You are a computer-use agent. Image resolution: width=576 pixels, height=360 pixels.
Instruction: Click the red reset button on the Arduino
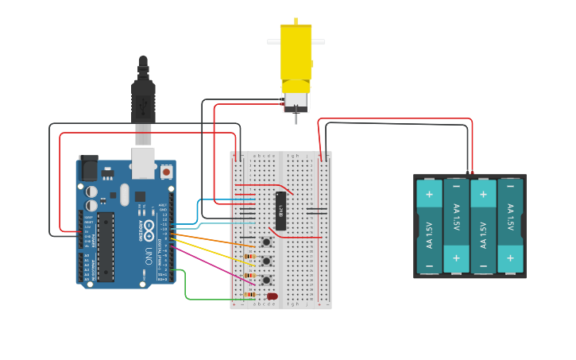point(166,171)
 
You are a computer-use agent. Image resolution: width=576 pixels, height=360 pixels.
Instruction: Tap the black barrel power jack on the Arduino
point(88,168)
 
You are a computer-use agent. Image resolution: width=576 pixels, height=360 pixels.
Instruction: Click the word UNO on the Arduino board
point(149,256)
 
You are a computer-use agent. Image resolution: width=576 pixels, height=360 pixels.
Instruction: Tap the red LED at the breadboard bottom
point(273,296)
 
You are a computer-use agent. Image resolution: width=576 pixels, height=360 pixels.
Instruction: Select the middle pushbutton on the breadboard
point(267,261)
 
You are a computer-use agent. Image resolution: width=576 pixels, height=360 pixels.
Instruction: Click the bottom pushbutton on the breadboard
point(267,281)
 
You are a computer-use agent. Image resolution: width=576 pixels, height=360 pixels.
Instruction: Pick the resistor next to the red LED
point(250,295)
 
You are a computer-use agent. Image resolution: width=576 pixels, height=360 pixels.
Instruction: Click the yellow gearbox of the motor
point(296,56)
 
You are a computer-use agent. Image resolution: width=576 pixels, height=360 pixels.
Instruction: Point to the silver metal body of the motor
point(296,101)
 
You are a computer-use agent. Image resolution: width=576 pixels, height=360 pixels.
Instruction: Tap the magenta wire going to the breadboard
point(211,265)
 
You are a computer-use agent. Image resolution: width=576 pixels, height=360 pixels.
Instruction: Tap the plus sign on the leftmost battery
point(429,193)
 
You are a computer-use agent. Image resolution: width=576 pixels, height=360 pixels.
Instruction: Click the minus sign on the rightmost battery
point(510,193)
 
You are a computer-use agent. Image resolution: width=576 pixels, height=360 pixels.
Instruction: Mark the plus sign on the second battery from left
point(456,257)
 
